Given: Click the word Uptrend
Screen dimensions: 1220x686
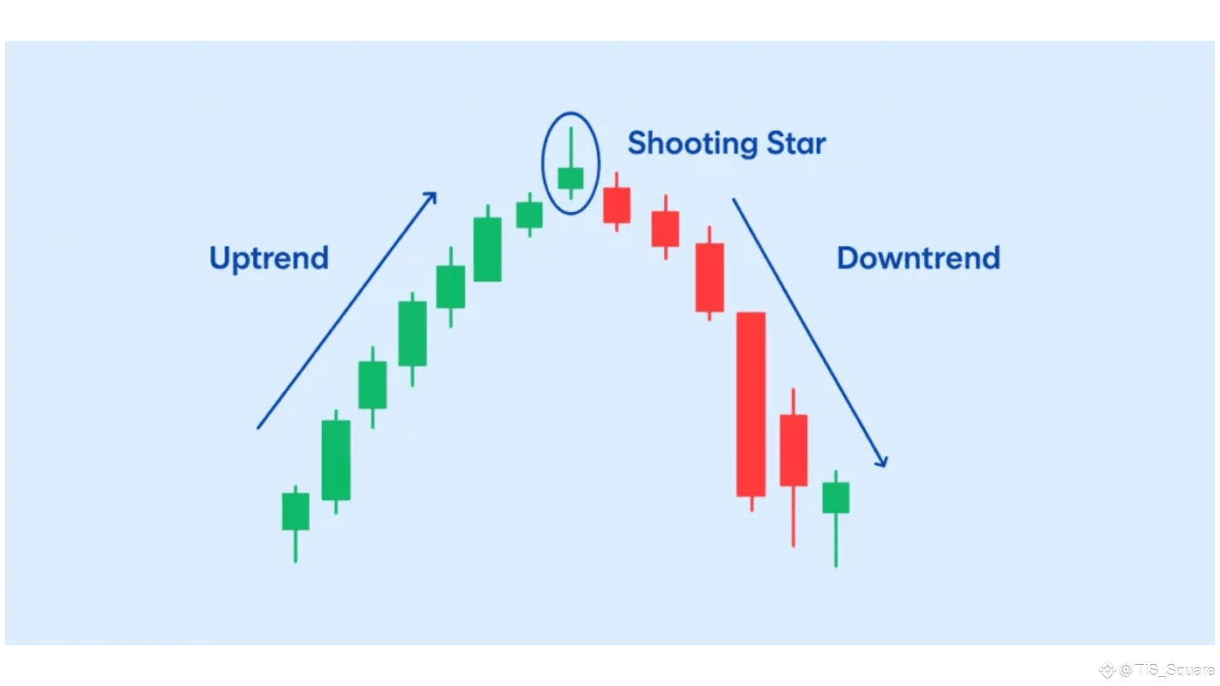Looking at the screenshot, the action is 269,259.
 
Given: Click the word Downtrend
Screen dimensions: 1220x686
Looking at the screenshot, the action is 918,258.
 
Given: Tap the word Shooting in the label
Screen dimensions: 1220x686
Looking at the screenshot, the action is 692,144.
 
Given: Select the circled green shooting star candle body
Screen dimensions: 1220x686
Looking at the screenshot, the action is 571,178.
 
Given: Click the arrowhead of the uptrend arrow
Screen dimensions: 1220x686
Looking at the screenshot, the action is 430,198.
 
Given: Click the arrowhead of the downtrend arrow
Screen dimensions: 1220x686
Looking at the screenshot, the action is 881,461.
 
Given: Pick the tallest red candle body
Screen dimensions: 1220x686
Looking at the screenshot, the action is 751,404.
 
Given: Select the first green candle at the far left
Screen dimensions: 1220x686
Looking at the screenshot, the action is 295,511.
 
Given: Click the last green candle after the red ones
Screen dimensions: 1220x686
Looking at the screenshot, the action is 836,497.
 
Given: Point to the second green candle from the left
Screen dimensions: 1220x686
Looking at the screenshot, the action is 335,460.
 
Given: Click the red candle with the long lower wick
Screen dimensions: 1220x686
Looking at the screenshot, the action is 793,450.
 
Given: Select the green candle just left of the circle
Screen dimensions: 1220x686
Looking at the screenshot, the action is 529,215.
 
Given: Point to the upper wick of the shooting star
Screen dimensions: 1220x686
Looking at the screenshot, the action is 571,147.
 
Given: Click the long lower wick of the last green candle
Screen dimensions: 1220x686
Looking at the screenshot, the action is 836,540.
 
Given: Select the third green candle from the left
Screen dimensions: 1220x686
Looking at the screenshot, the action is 372,385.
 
